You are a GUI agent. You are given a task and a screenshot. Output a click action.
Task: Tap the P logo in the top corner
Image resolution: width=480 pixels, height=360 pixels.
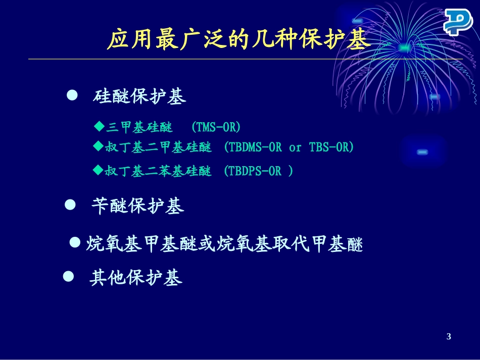[458, 23]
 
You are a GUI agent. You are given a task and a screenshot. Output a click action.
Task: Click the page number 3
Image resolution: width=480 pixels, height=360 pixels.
[449, 337]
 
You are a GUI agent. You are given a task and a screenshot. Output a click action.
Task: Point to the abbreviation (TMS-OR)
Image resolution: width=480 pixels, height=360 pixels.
[216, 127]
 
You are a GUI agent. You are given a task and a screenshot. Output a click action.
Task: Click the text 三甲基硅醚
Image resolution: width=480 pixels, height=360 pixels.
[139, 127]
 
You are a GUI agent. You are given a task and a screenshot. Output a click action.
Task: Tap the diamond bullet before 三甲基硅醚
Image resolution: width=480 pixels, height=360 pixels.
[99, 126]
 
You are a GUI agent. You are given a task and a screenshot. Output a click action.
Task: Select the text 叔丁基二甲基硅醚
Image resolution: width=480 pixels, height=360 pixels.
[158, 147]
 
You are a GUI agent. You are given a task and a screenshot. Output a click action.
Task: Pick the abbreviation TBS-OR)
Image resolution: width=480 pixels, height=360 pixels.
[331, 147]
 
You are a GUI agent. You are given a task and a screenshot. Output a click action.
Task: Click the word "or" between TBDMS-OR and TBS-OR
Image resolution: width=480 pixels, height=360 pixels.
[295, 148]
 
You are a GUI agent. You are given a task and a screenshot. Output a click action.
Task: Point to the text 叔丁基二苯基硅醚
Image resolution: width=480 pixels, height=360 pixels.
[158, 171]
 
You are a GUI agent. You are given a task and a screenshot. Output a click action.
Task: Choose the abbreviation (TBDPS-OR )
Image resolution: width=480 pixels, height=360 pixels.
[258, 171]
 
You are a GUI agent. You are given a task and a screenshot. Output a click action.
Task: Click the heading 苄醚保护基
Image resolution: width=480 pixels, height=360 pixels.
[137, 206]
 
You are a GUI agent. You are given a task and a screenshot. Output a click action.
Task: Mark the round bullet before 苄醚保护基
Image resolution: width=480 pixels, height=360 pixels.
[71, 204]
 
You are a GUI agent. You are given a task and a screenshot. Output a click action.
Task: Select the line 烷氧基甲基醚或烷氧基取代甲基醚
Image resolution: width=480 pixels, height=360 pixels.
[224, 244]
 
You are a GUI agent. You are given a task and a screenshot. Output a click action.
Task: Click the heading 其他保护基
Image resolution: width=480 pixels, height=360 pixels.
[136, 278]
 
